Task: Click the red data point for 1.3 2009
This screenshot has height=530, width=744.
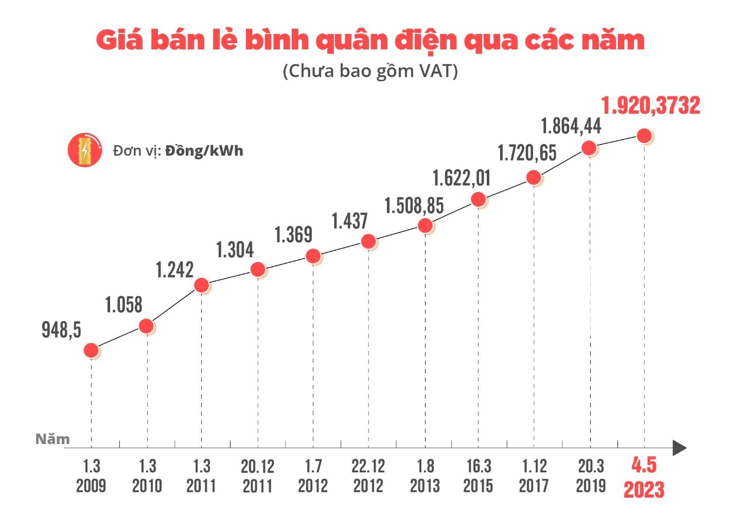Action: coord(91,350)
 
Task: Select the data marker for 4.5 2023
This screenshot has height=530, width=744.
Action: coord(644,136)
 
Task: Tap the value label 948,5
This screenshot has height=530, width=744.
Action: coord(61,330)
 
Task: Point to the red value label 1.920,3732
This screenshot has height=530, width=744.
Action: coord(650,105)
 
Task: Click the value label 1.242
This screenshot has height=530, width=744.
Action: coord(174,270)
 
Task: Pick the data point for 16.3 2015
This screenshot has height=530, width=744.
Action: coord(479,199)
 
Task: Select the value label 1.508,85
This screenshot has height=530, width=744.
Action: coord(414,206)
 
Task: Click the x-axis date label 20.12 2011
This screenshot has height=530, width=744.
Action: coord(257,476)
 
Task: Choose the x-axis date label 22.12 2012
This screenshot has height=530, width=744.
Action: coord(368,476)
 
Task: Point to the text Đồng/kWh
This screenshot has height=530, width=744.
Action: coord(204,151)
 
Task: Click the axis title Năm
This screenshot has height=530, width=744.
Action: coord(52,439)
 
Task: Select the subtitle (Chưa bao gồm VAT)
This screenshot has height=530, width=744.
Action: coord(370,70)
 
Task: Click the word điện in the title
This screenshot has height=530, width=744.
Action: coord(425,41)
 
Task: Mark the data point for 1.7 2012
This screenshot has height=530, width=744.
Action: coord(313,256)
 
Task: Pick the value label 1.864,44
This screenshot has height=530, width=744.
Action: coord(571,126)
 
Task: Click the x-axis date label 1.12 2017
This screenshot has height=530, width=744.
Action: coord(534,476)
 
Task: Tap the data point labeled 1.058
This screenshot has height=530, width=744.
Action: coord(146,326)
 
